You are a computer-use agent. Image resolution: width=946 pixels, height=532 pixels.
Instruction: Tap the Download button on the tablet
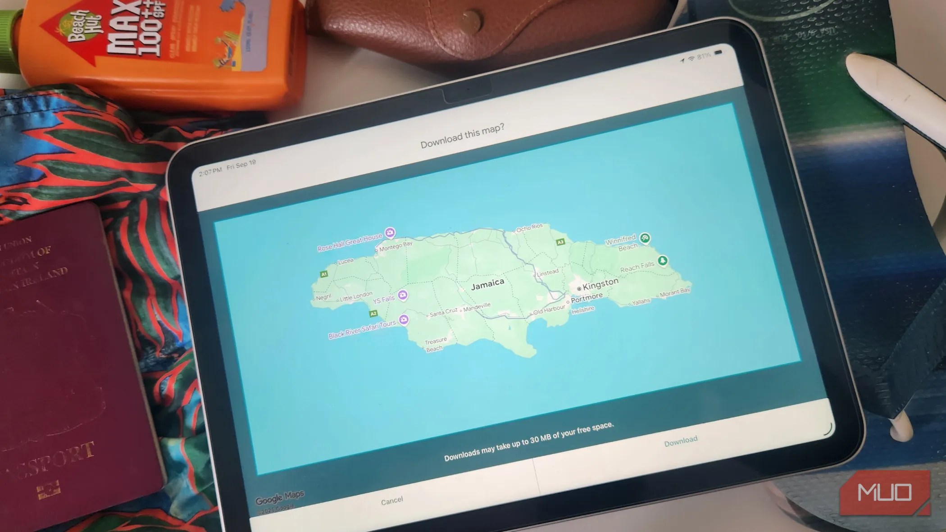coord(681,441)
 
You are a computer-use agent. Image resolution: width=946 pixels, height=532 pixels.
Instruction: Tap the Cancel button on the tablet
coord(391,500)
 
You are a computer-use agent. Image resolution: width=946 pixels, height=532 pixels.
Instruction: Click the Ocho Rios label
coord(529,227)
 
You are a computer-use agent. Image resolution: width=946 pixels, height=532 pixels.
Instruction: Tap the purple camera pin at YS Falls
coord(403,295)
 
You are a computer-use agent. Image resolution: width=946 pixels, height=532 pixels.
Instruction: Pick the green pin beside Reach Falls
coord(662,260)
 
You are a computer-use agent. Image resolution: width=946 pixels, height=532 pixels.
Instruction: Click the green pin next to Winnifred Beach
coord(645,238)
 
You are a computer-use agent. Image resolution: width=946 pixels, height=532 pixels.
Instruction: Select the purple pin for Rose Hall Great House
coord(390,233)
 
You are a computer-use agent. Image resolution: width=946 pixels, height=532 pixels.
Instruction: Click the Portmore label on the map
coord(587,298)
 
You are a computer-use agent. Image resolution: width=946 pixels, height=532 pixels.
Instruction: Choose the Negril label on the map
coord(323,297)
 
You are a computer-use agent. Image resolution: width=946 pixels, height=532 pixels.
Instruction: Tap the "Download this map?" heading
coord(462,136)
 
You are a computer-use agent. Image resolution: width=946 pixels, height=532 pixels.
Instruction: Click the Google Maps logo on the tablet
coord(280,497)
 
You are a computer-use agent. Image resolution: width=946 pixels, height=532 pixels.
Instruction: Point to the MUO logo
coord(885,492)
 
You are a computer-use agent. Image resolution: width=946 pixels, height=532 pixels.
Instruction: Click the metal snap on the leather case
coord(471,18)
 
